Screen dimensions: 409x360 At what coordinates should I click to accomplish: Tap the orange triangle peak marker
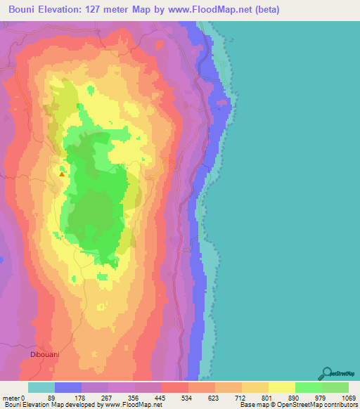(62, 174)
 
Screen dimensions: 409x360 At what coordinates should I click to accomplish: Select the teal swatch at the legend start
(41, 387)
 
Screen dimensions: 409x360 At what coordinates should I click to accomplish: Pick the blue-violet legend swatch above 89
(68, 387)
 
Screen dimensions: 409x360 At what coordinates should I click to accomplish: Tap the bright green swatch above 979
(309, 387)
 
